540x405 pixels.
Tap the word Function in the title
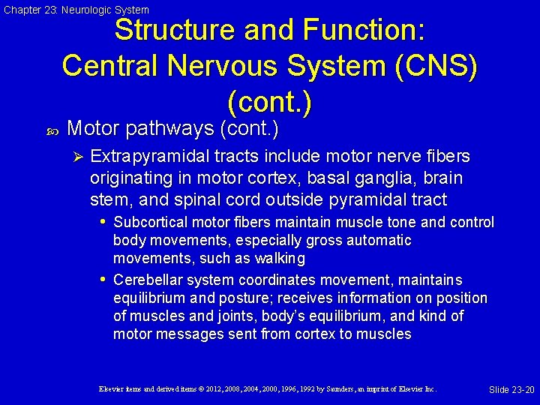pos(364,31)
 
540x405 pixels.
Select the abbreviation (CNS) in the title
pos(433,65)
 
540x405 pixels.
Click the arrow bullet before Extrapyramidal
pos(76,157)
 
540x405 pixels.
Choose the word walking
pos(279,259)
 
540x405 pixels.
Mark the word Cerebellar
pos(146,280)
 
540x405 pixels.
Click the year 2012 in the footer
pos(193,389)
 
